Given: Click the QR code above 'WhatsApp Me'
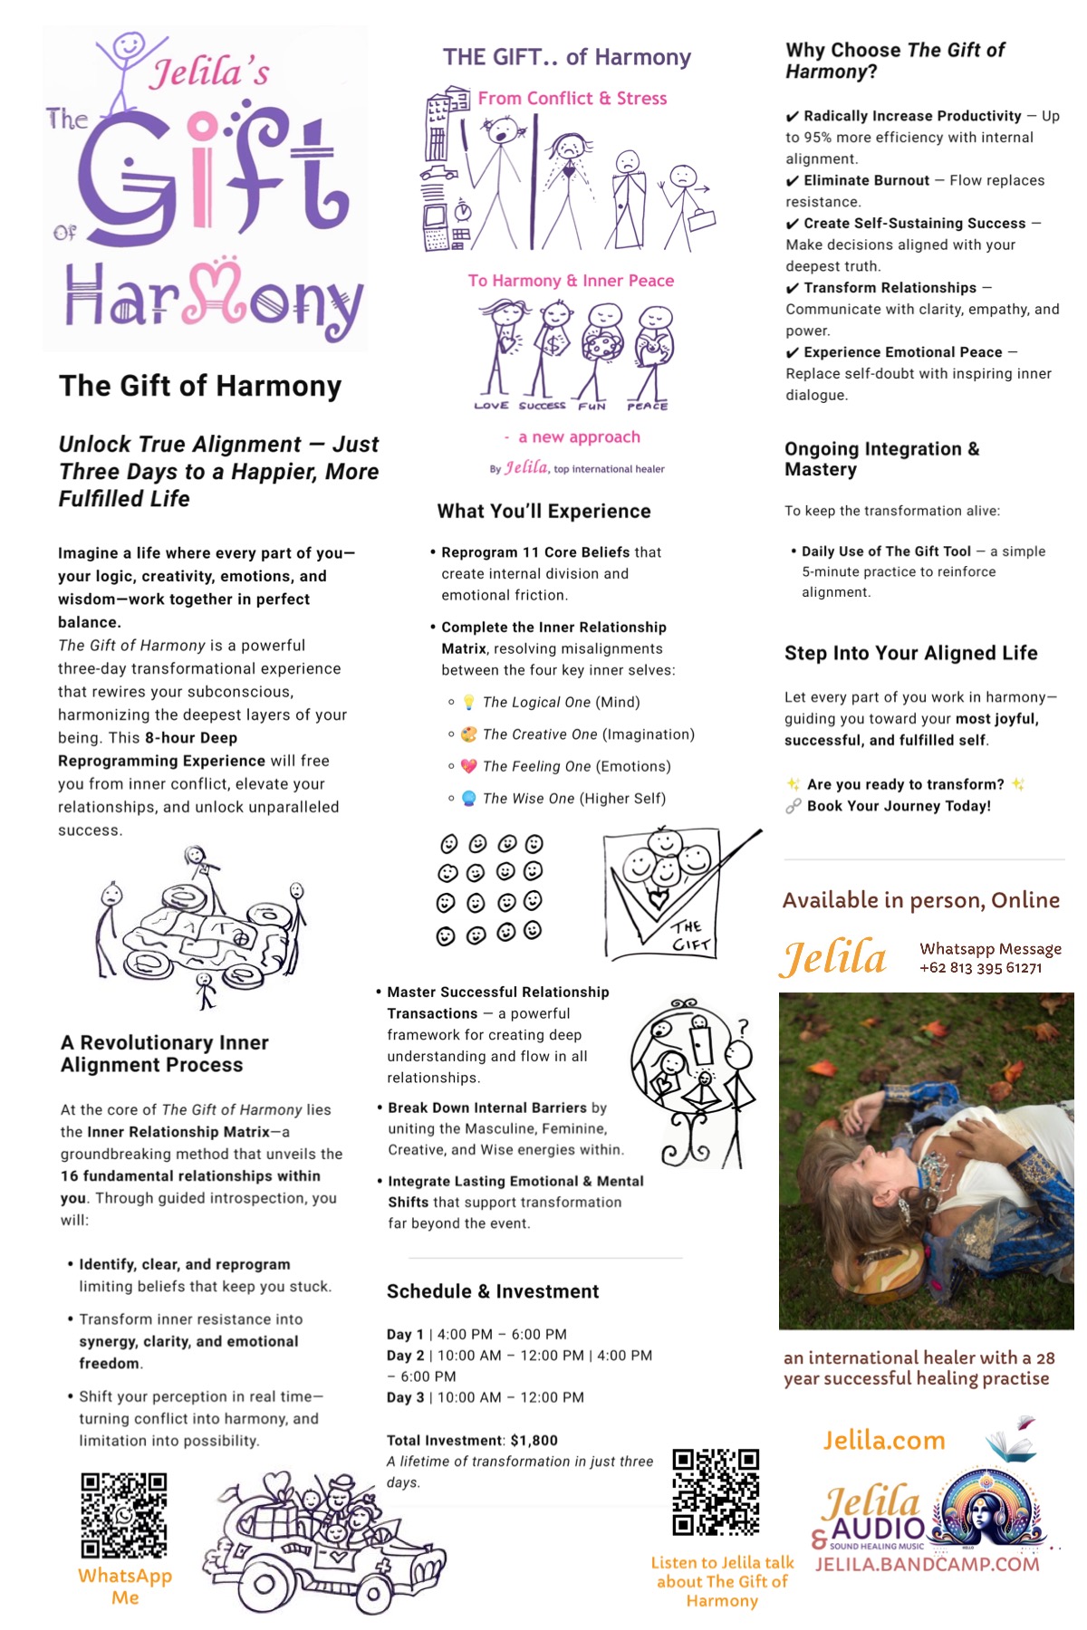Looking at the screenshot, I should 124,1515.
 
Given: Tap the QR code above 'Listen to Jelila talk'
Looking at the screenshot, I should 716,1491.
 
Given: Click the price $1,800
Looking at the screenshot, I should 534,1440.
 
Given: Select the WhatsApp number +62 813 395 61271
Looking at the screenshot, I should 980,967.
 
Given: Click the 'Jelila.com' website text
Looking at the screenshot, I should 883,1440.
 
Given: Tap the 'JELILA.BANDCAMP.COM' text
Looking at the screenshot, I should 927,1564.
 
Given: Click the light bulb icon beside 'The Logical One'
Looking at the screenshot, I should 468,702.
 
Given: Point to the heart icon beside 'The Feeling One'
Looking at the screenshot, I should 468,766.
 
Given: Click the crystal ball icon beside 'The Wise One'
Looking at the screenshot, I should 468,799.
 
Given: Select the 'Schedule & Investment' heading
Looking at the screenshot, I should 493,1291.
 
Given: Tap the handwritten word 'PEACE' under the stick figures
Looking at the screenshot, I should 647,407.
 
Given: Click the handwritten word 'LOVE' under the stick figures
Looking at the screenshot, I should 491,406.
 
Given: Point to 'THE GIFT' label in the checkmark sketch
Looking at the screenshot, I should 690,935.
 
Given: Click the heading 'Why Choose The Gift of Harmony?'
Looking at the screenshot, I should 894,61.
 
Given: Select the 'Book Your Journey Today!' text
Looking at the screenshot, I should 899,806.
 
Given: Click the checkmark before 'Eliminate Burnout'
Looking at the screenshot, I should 792,181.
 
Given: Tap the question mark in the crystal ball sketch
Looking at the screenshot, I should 743,1028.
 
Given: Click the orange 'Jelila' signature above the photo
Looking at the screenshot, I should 833,958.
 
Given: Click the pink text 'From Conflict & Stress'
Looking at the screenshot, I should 572,98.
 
